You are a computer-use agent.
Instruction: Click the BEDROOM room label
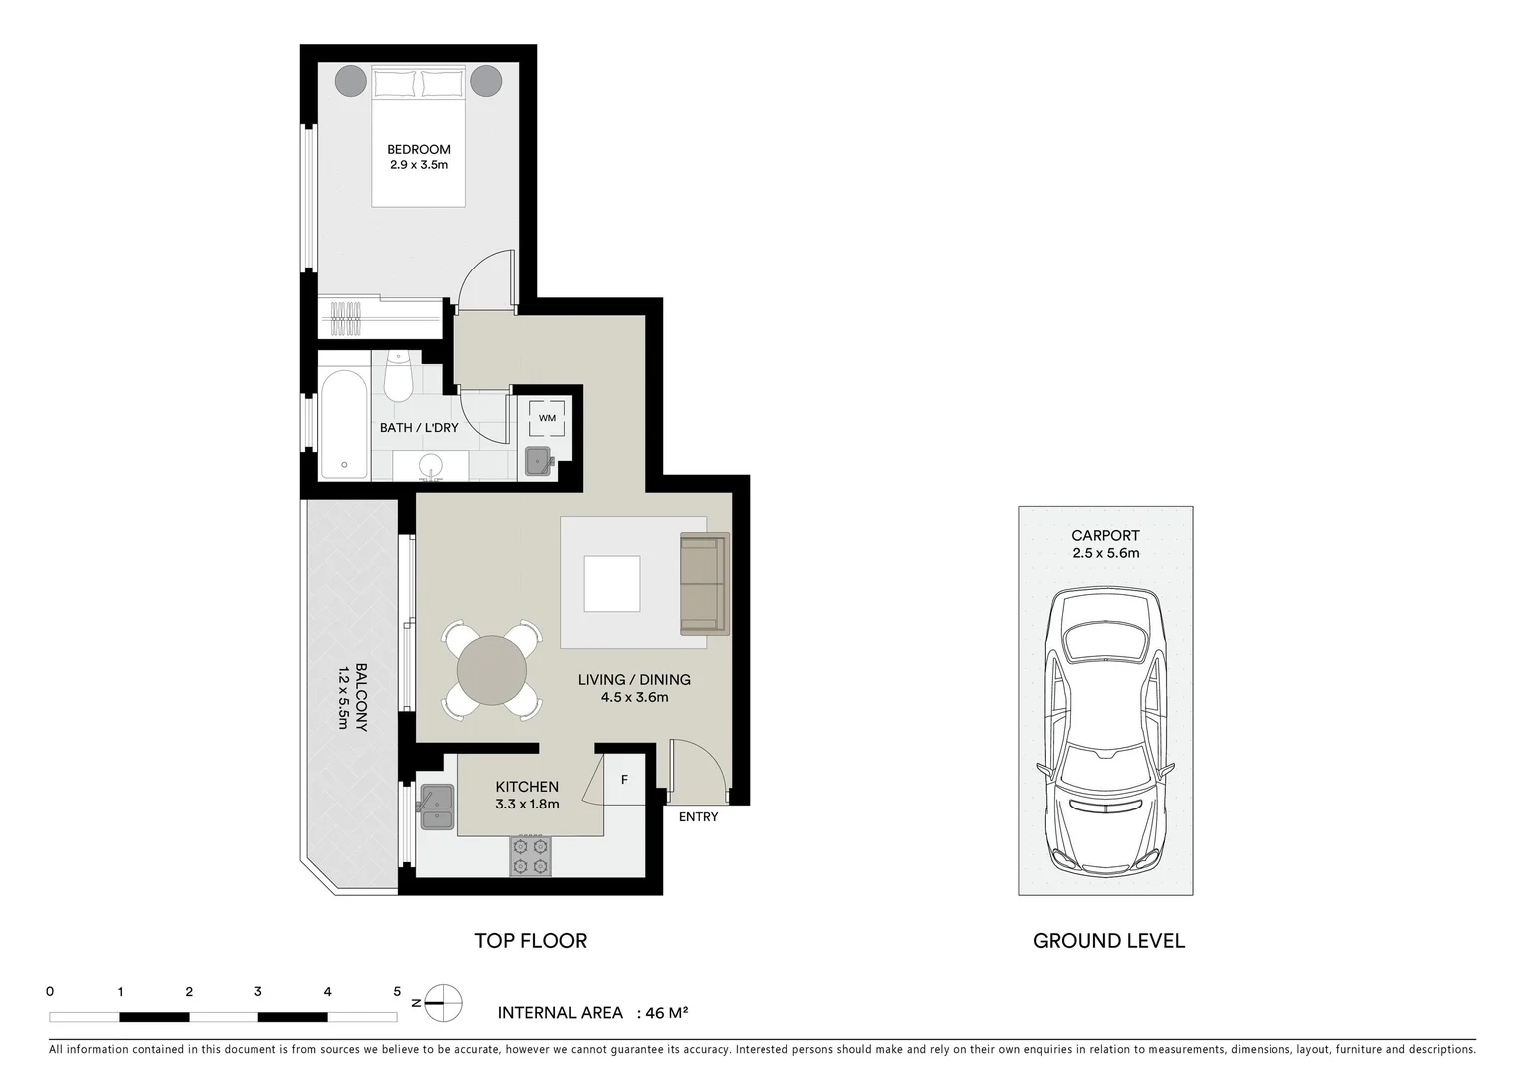[x=418, y=150]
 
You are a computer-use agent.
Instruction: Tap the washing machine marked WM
[x=547, y=418]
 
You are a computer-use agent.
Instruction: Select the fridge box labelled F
[x=625, y=780]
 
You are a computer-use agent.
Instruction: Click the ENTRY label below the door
[x=698, y=817]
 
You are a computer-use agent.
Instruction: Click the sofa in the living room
[x=704, y=584]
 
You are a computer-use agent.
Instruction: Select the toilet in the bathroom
[x=398, y=377]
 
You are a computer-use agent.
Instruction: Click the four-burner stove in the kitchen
[x=530, y=855]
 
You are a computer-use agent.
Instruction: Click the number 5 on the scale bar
[x=397, y=992]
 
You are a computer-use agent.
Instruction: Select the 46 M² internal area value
[x=666, y=1013]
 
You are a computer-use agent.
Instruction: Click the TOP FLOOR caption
[x=530, y=941]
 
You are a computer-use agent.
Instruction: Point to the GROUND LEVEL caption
[x=1108, y=941]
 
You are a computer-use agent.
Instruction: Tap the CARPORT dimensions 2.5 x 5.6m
[x=1105, y=553]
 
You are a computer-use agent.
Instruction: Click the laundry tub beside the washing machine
[x=540, y=461]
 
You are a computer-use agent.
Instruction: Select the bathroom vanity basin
[x=431, y=465]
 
